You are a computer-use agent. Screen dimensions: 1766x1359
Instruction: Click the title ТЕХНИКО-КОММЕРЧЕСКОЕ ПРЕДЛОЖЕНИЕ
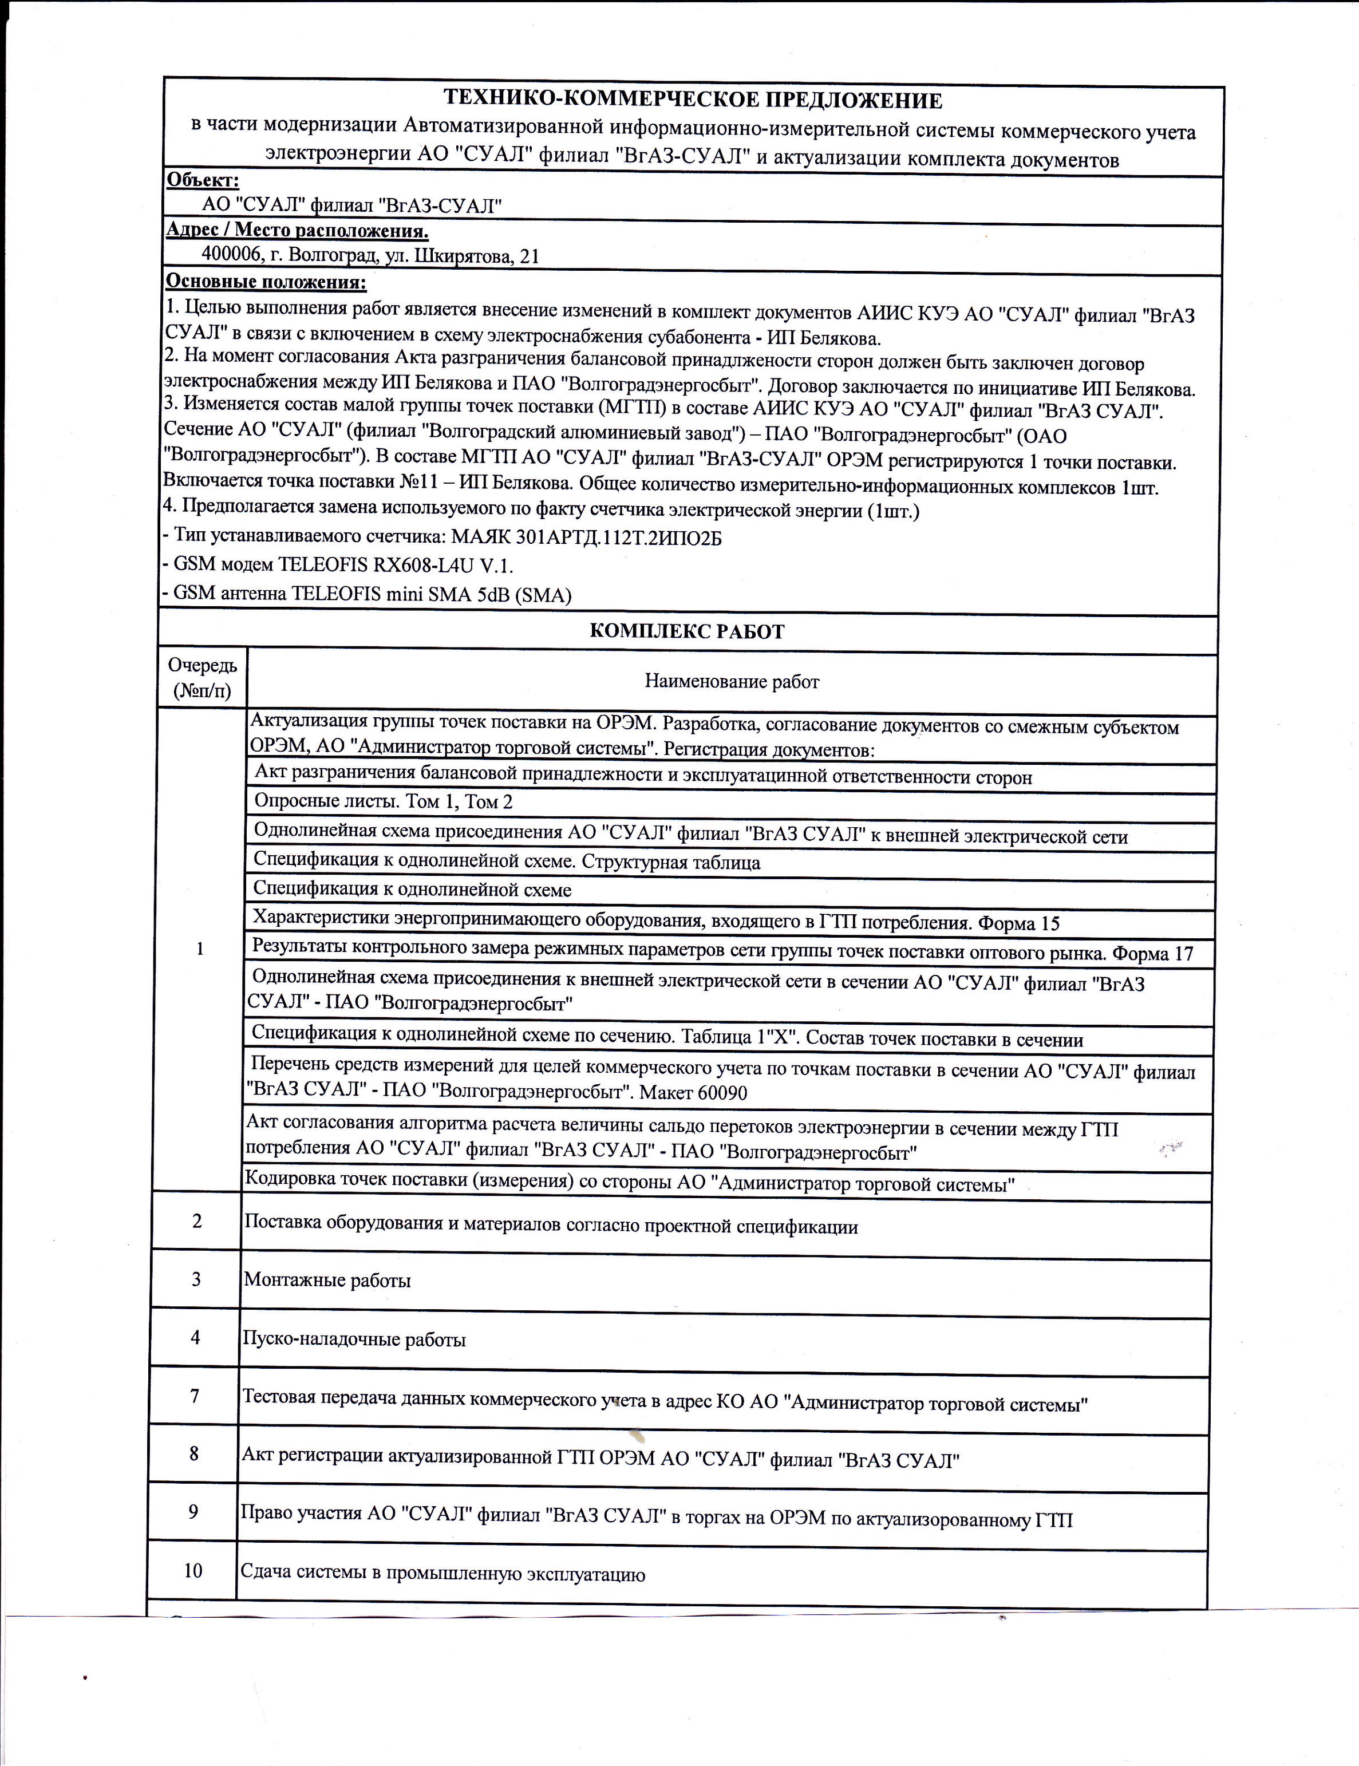[693, 100]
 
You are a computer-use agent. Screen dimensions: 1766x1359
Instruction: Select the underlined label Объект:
[202, 180]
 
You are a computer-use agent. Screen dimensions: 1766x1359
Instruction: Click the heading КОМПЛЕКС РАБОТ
[687, 631]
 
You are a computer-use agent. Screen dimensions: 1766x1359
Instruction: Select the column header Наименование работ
[732, 682]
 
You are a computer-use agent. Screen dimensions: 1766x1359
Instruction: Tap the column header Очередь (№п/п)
[202, 678]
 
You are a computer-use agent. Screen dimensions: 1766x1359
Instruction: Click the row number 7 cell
[195, 1396]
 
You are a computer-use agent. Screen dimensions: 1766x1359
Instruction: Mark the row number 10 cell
[193, 1571]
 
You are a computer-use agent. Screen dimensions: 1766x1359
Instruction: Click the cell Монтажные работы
[327, 1281]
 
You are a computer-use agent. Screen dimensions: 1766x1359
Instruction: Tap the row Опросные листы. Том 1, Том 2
[383, 801]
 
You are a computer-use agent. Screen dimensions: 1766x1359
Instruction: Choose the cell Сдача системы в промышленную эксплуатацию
[443, 1574]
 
